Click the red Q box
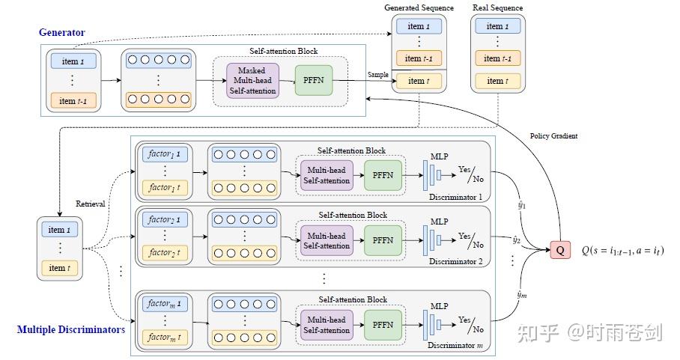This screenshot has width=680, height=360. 559,250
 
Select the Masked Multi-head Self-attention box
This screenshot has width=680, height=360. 252,79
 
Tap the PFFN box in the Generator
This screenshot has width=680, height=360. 313,79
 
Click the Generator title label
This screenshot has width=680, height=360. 62,32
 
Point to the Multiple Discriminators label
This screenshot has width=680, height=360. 70,329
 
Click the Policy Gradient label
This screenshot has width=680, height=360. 553,135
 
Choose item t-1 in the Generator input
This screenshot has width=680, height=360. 73,100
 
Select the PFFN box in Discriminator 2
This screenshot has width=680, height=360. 383,240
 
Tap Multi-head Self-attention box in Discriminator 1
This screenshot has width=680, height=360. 326,175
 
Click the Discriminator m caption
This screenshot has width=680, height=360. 455,345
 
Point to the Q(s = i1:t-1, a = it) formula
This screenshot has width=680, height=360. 622,251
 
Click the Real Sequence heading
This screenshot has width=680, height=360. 497,7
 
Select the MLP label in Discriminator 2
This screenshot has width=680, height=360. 439,221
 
